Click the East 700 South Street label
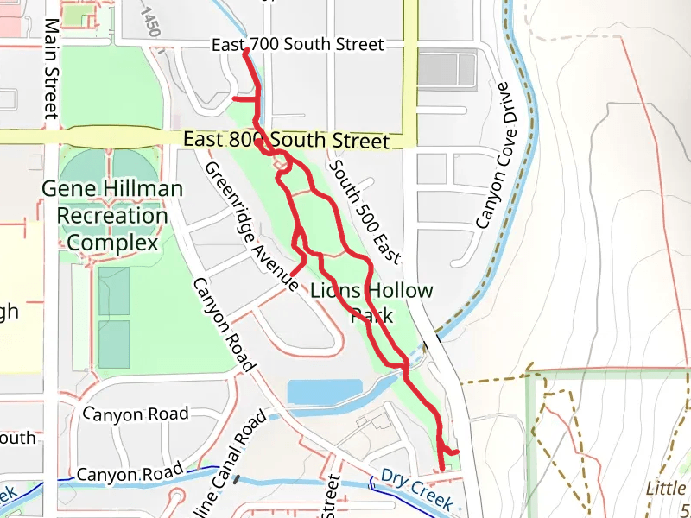[309, 44]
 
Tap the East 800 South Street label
[287, 139]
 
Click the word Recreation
[105, 216]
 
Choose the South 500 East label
[365, 212]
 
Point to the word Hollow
[400, 291]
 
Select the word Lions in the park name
[335, 291]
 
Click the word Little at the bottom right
[666, 489]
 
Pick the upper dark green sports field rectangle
[114, 291]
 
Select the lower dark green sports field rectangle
[114, 344]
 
